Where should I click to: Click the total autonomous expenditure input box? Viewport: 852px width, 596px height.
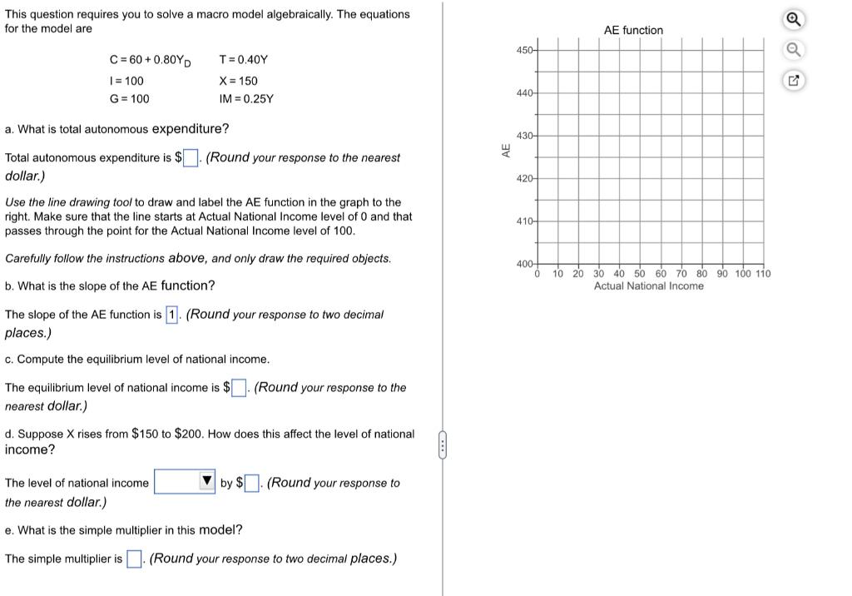[191, 158]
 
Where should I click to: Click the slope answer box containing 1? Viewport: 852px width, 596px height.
[172, 315]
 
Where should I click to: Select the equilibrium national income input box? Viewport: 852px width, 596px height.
[238, 388]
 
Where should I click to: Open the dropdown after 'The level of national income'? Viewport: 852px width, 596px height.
[185, 482]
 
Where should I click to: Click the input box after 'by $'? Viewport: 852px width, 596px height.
[253, 483]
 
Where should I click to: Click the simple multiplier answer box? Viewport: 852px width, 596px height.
[134, 559]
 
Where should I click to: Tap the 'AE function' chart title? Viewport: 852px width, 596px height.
[633, 30]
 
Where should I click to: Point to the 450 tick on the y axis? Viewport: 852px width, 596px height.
[524, 51]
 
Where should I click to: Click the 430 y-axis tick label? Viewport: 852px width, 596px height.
[524, 136]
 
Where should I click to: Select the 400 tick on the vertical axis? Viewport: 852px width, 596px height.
[524, 264]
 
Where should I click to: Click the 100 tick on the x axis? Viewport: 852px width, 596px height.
[742, 274]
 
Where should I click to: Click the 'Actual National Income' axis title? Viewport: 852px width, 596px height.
[648, 286]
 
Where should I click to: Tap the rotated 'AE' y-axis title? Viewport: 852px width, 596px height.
[505, 151]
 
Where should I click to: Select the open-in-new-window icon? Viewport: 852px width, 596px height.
[794, 82]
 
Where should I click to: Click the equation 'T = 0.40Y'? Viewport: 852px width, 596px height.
[243, 60]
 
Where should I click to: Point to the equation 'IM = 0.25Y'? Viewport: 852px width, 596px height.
[245, 99]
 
